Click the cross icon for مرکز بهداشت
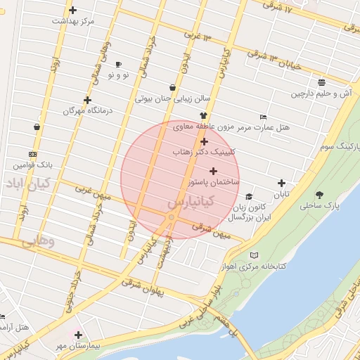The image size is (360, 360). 73,10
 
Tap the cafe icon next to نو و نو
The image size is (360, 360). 117,64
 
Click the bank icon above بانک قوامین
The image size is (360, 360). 32,154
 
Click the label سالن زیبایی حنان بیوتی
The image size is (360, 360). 173,98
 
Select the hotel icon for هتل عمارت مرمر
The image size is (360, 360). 263,117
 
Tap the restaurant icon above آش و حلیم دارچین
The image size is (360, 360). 321,82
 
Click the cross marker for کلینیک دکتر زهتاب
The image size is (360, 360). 204,141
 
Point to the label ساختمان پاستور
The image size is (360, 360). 212,182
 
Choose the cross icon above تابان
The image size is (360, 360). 281,183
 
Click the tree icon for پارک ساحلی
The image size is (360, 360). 319,195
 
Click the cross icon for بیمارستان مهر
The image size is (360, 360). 78,335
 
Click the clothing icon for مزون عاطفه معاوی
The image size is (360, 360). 203,116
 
